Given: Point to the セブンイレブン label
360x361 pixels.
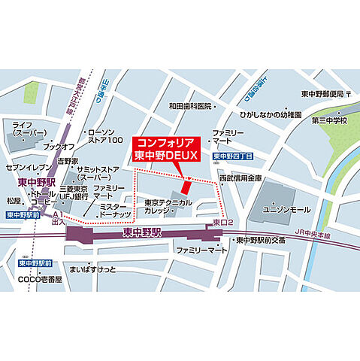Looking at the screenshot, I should [x=27, y=167].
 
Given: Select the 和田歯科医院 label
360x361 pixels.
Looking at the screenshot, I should [x=192, y=106].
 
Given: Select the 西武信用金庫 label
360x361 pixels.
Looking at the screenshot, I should [x=241, y=178].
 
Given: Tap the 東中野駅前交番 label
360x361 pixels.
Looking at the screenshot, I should [x=260, y=241].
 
